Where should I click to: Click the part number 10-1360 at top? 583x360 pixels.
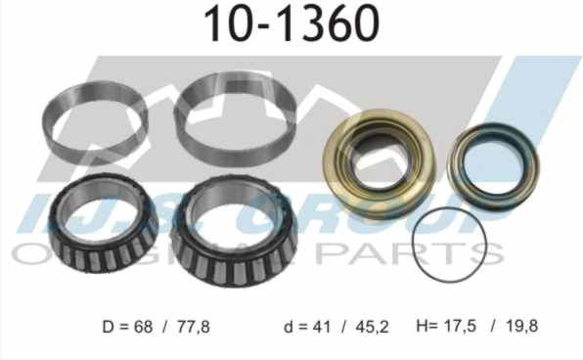pyautogui.click(x=291, y=24)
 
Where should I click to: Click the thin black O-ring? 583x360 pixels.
pyautogui.click(x=451, y=245)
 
